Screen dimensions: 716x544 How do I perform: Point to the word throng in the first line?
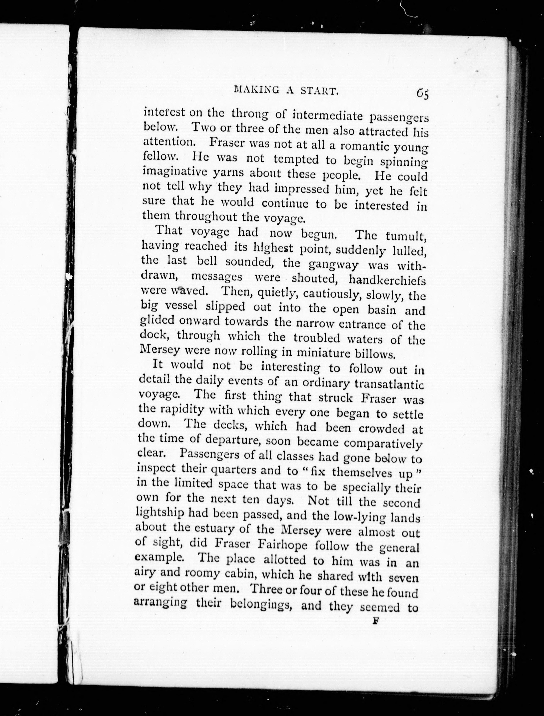(250, 115)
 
